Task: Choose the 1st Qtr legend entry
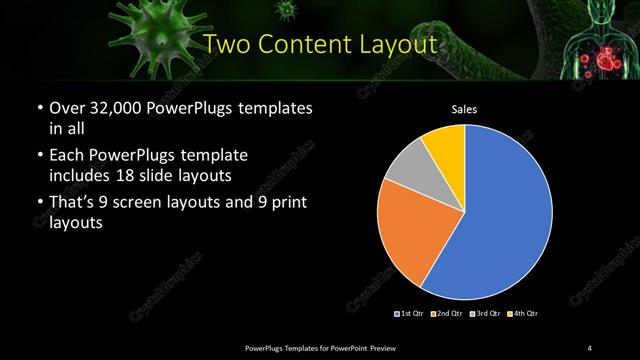[410, 313]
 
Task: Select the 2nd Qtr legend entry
[447, 313]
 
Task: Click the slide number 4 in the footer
[590, 347]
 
